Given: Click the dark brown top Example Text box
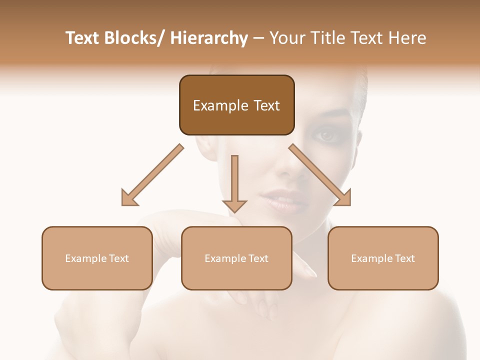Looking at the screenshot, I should (236, 105).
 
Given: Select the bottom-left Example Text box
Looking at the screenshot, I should (97, 258).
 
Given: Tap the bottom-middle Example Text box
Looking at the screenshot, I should (236, 258).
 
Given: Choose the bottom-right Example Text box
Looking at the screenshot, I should (383, 258).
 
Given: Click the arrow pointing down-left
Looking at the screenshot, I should (152, 175).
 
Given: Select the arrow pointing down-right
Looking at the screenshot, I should (320, 175).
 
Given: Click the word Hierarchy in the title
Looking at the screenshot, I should (209, 38).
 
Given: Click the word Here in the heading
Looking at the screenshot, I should (407, 38).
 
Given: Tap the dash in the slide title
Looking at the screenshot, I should (258, 38).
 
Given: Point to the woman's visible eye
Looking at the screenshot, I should (326, 134).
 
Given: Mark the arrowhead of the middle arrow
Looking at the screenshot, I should (234, 205).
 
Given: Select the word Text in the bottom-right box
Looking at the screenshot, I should (404, 258).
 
